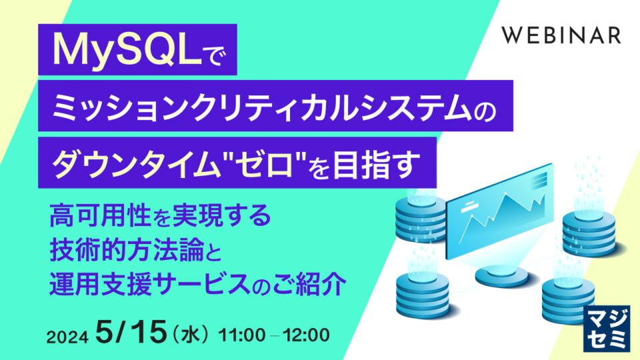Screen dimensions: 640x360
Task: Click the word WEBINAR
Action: (561, 35)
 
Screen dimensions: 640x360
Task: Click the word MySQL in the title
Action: (127, 50)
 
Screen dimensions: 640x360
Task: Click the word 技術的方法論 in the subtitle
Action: (127, 249)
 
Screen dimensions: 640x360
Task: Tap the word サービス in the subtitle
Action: (205, 284)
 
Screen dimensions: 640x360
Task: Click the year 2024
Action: (67, 337)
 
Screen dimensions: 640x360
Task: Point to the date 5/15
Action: (131, 331)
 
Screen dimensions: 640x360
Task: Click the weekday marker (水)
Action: (190, 335)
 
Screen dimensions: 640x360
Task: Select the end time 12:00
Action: (306, 335)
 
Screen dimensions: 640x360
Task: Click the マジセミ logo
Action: (606, 329)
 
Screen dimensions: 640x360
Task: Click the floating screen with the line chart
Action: (499, 211)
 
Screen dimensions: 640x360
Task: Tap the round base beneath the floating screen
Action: (501, 275)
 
